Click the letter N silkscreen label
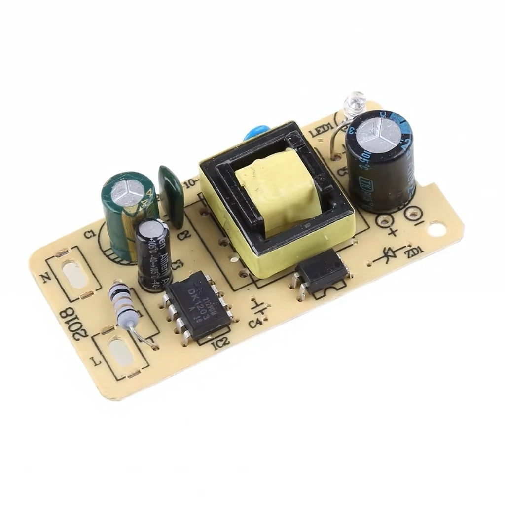coord(47,278)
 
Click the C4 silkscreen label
coord(255,324)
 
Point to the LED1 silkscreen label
coord(324,128)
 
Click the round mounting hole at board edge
coord(435,229)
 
